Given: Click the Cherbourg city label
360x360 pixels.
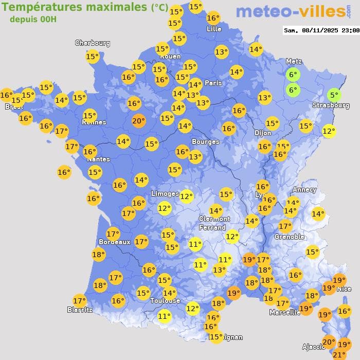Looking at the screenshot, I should pos(93,43).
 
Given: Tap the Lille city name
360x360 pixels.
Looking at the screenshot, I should pos(213,29).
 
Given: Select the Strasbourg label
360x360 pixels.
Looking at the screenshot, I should pos(331,105).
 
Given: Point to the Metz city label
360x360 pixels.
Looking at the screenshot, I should pos(294,62).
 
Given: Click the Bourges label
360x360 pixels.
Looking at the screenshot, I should pos(205,141).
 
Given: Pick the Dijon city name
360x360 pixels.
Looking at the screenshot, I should pos(263,133).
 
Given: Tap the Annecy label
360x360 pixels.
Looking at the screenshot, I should pos(304,189).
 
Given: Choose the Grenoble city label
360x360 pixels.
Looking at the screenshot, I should pos(289,237).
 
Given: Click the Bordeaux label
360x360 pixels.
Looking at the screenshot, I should pos(114,242).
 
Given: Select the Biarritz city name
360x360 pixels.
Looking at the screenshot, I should pos(80,310).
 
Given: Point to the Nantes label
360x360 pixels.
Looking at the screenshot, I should pos(98,159).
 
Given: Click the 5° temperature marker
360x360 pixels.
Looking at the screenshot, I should pos(334,95).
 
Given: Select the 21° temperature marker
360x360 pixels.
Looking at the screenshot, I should pos(339,354).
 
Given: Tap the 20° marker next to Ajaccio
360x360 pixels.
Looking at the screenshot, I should pos(329,341).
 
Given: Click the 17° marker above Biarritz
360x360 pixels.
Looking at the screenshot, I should pos(79,300).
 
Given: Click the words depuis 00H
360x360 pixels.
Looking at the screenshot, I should pos(33,20).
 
